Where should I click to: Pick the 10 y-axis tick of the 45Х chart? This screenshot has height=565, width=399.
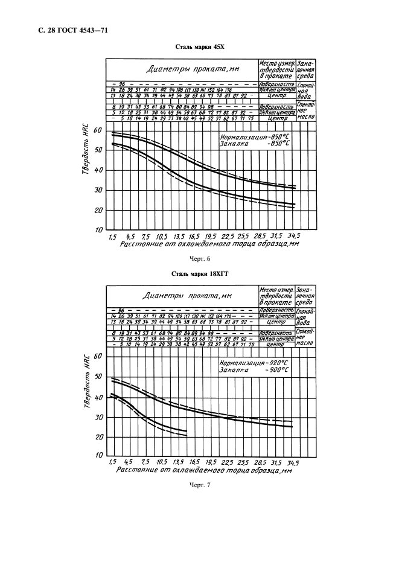pyautogui.click(x=98, y=230)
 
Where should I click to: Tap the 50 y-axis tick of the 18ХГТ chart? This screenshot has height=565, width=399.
pyautogui.click(x=100, y=377)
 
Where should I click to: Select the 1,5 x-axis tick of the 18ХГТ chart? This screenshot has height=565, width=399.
pyautogui.click(x=112, y=462)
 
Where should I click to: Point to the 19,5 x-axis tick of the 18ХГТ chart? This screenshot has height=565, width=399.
pyautogui.click(x=210, y=462)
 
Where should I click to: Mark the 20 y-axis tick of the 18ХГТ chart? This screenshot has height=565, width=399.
pyautogui.click(x=100, y=436)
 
